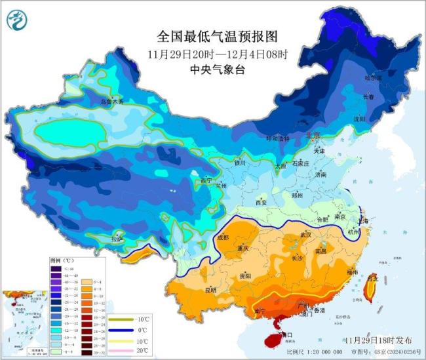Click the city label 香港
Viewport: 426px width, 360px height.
[319, 310]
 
